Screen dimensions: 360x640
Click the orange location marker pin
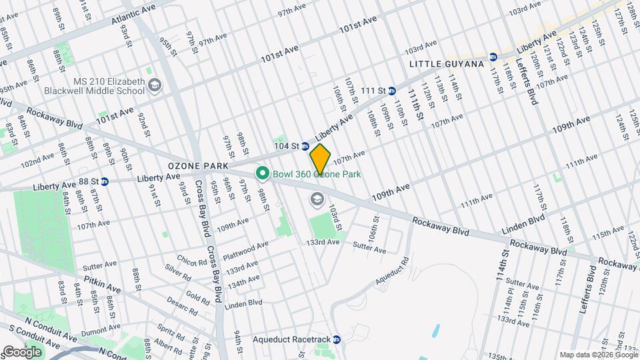tap(321, 159)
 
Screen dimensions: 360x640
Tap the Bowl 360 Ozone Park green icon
tap(262, 174)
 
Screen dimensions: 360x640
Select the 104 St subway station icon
tap(305, 146)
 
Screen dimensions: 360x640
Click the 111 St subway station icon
tap(392, 91)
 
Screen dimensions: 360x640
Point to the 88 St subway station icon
tap(105, 181)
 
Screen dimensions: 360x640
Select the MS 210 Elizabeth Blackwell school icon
tap(155, 84)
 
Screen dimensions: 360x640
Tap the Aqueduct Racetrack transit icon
tap(337, 339)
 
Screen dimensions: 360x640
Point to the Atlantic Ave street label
tap(133, 13)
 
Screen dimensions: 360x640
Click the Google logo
tap(21, 351)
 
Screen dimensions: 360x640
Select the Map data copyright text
tap(598, 355)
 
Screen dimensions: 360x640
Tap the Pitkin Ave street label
tap(102, 285)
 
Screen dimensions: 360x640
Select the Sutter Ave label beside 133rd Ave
tap(369, 249)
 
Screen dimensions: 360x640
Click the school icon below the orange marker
tap(316, 199)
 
